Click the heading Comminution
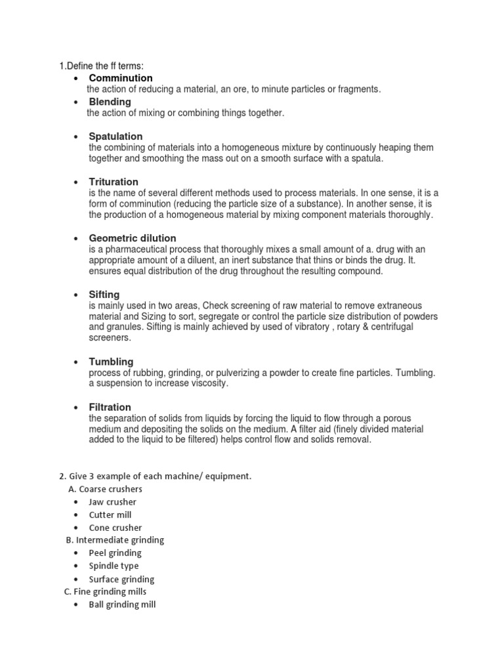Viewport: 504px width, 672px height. (121, 78)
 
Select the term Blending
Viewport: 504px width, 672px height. (110, 102)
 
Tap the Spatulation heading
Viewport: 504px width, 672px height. (115, 136)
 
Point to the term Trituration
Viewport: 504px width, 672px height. (114, 182)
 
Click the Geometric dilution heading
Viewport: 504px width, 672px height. (133, 238)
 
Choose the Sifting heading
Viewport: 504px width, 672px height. (104, 295)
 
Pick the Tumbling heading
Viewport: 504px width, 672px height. (111, 362)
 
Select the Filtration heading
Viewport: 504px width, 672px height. (110, 407)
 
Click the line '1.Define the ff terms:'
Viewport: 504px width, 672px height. (102, 66)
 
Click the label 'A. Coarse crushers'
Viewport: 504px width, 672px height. (105, 489)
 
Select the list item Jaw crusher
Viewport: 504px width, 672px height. (113, 502)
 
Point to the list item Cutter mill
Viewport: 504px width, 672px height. (110, 514)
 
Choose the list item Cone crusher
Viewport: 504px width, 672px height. (115, 528)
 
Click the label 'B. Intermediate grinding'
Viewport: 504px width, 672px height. (115, 540)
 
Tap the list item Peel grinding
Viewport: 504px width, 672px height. (115, 553)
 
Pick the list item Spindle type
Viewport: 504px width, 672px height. (114, 566)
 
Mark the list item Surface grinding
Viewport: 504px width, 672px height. (121, 579)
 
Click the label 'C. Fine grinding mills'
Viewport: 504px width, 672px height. (105, 592)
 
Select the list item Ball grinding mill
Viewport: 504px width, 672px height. (122, 605)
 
